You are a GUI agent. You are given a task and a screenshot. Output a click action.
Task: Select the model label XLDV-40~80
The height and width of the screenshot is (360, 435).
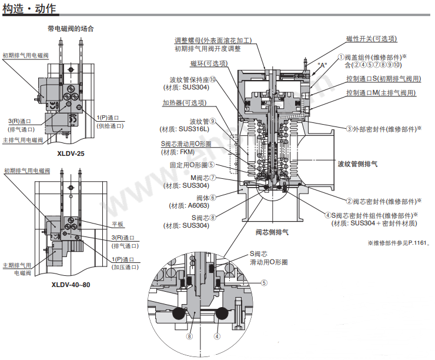pyautogui.click(x=71, y=285)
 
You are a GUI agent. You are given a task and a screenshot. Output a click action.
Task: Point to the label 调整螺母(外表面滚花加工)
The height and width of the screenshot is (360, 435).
pyautogui.click(x=213, y=41)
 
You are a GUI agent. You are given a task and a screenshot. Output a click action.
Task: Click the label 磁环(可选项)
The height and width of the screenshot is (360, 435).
pyautogui.click(x=209, y=64)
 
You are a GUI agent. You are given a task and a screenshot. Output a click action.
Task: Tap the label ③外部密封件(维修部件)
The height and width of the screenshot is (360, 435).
pyautogui.click(x=383, y=128)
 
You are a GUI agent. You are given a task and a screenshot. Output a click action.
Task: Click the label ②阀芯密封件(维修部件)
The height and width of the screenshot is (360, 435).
pyautogui.click(x=383, y=201)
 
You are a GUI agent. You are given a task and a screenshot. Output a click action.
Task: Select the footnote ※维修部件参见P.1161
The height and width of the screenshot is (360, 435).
pyautogui.click(x=399, y=242)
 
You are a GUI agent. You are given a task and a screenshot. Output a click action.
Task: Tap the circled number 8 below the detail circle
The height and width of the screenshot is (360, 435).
pyautogui.click(x=189, y=337)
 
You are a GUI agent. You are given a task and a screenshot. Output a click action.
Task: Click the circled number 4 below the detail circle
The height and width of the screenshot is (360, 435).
pyautogui.click(x=217, y=337)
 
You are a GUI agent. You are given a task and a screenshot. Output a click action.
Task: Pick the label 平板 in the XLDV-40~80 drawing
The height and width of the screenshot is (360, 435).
pyautogui.click(x=118, y=224)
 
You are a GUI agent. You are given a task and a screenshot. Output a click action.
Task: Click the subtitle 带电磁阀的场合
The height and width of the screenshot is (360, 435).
pyautogui.click(x=71, y=28)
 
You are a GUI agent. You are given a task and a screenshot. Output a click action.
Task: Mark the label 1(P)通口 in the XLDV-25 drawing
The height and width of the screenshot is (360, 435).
pyautogui.click(x=108, y=117)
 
